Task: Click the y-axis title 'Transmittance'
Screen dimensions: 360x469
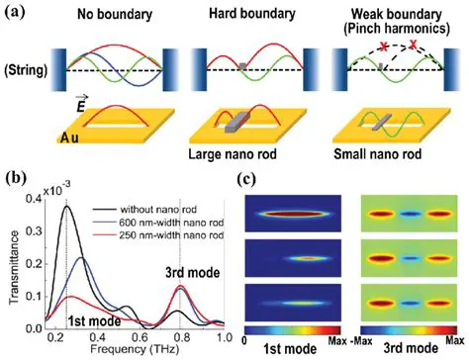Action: pos(17,260)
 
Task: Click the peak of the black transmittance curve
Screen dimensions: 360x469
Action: pos(66,206)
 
